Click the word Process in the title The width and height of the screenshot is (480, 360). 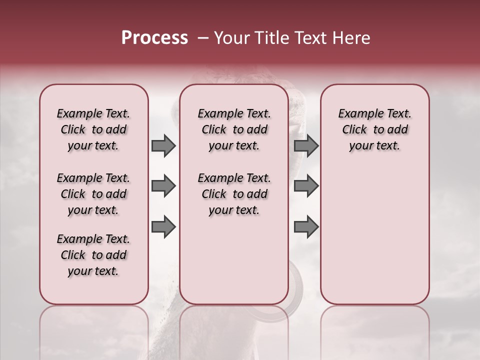coord(154,38)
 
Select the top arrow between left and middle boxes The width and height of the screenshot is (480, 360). coord(163,146)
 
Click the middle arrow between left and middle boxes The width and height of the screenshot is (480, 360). coord(163,186)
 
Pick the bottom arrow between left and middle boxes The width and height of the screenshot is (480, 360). coord(163,227)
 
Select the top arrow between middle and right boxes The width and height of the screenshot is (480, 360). coord(306,146)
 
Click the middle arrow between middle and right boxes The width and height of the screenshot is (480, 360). coord(306,186)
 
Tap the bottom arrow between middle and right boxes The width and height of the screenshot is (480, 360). coord(306,227)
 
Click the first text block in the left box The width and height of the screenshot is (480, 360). coord(93,129)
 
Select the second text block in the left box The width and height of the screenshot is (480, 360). coord(93,194)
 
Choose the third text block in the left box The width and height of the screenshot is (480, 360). coord(93,255)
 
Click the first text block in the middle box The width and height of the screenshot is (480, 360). coord(234,129)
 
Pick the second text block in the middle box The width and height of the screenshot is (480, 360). coord(234,194)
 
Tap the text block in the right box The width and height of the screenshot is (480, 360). coord(375,129)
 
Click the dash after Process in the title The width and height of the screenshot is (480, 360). coord(202,38)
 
